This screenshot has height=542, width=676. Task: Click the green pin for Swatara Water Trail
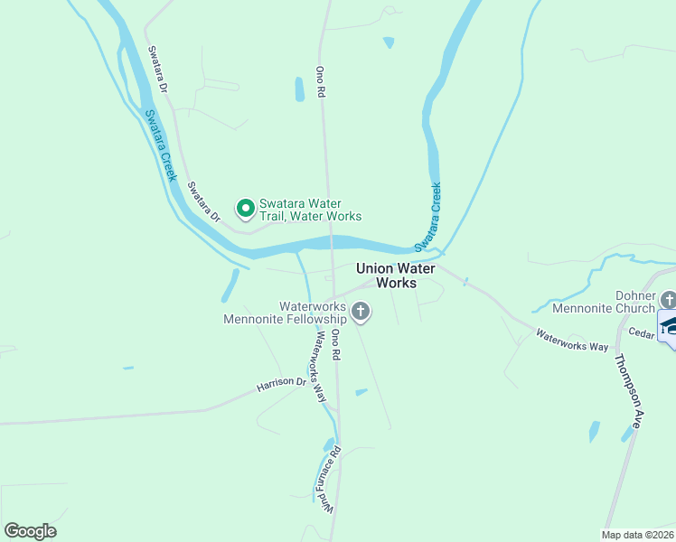tap(245, 209)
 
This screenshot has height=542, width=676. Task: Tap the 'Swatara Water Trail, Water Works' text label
tap(310, 210)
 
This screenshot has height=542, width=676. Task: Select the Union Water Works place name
tap(396, 276)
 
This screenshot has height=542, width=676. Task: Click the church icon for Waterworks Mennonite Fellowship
tap(361, 313)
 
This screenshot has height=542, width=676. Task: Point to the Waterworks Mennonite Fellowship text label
tap(286, 313)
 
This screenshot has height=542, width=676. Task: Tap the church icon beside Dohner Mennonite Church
tap(668, 299)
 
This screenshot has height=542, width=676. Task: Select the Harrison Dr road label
tap(282, 383)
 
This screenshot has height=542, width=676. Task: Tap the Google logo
tap(30, 531)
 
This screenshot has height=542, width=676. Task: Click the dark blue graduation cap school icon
tap(669, 324)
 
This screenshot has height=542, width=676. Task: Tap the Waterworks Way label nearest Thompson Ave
tap(571, 340)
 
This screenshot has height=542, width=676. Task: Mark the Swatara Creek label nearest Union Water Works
tap(427, 217)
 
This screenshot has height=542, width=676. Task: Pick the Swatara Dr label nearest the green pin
tap(203, 202)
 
